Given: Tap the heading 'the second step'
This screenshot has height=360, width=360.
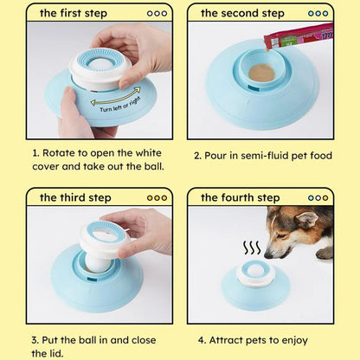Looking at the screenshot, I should point(242,13).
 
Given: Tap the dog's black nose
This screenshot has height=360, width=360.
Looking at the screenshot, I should point(268,254).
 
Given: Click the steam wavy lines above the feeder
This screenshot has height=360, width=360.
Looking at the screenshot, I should point(252,248).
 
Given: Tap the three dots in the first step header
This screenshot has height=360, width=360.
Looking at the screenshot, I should point(157,13).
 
